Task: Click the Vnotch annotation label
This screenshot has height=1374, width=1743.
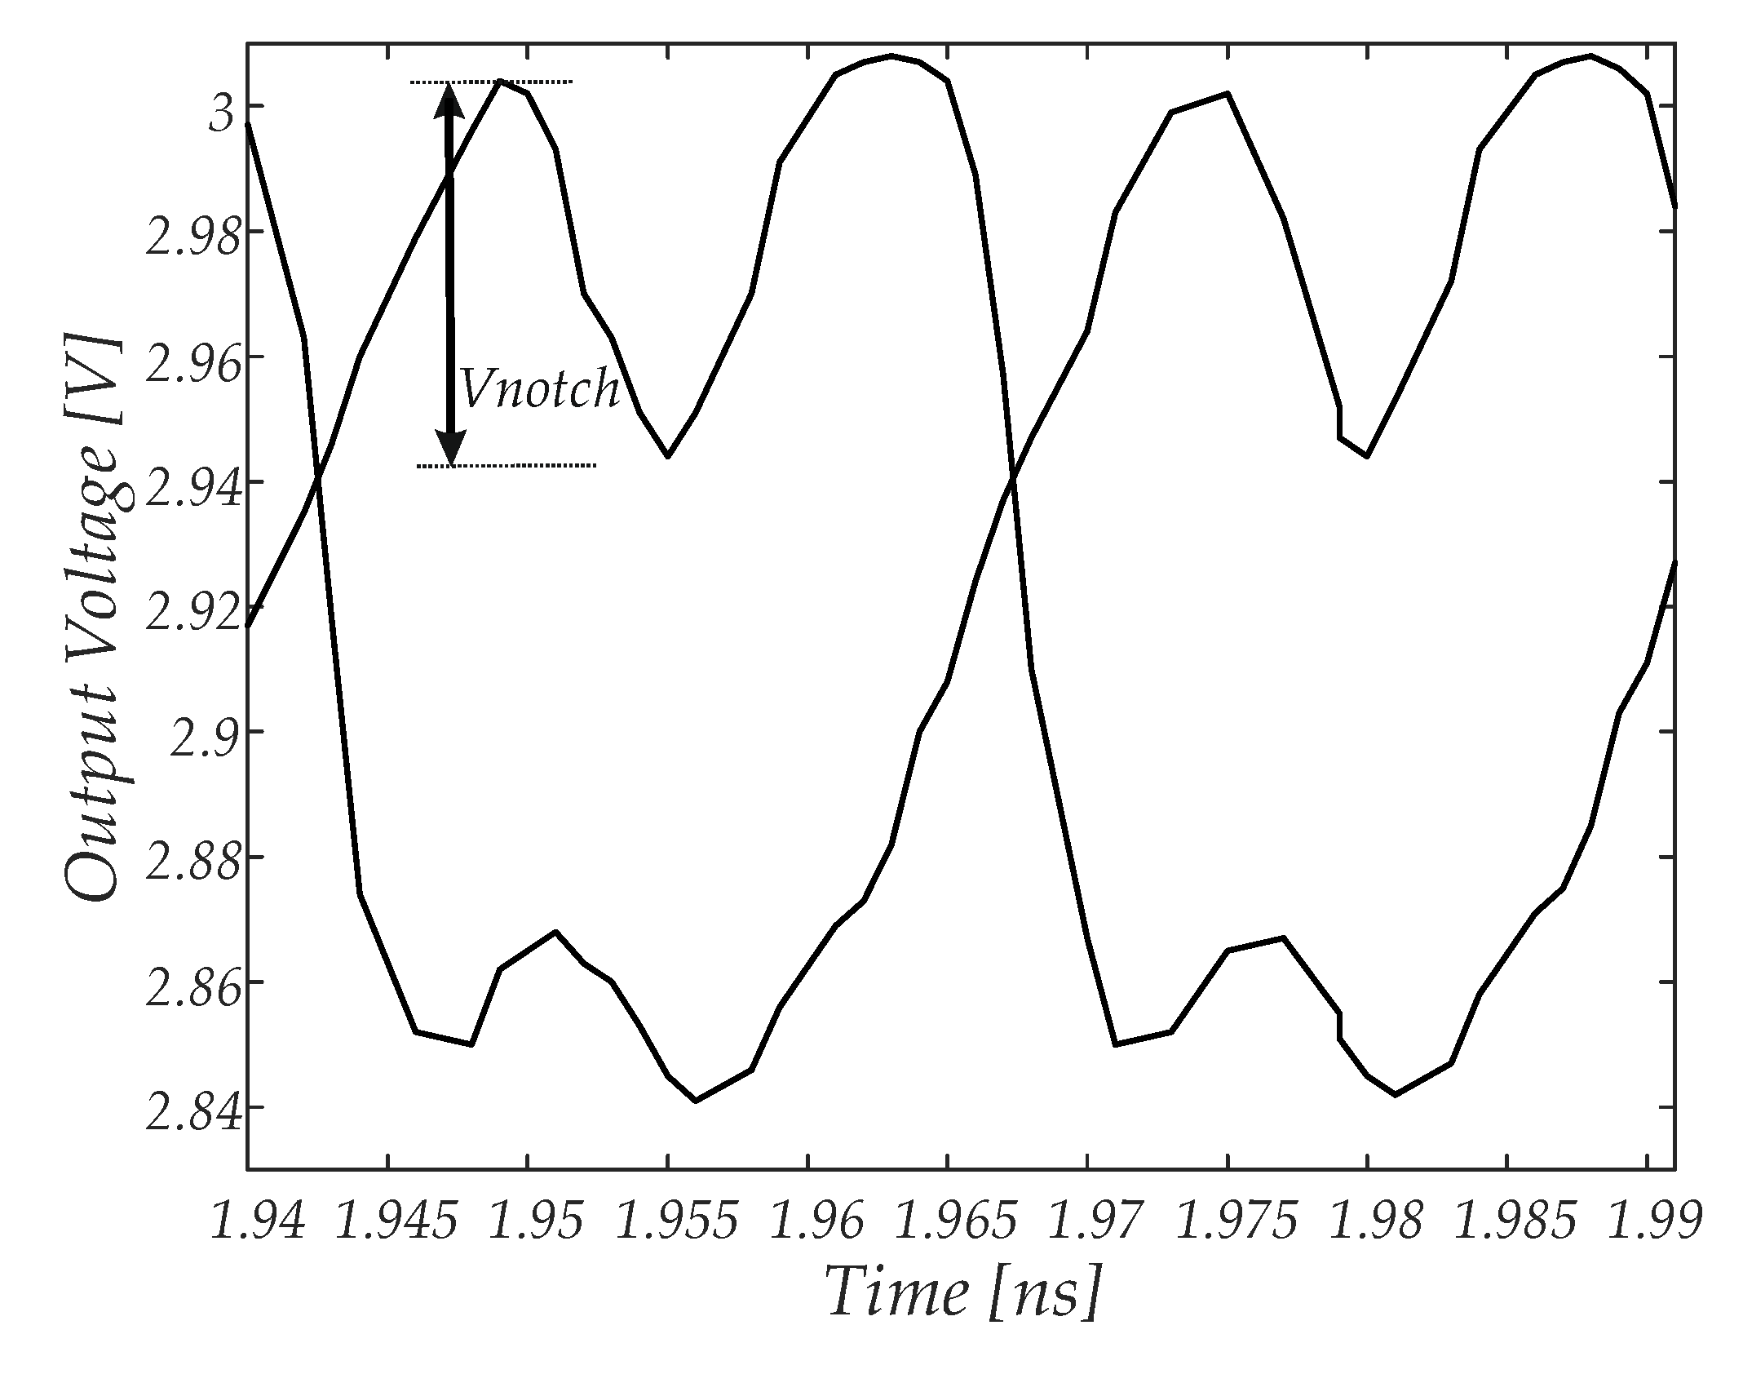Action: [x=538, y=389]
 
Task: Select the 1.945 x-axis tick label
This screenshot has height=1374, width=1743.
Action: [x=396, y=1221]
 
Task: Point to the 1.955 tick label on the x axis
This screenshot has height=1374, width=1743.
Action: [x=676, y=1221]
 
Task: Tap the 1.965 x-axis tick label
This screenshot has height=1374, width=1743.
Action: [x=956, y=1221]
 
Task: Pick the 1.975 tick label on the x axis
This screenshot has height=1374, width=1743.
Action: [x=1236, y=1221]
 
